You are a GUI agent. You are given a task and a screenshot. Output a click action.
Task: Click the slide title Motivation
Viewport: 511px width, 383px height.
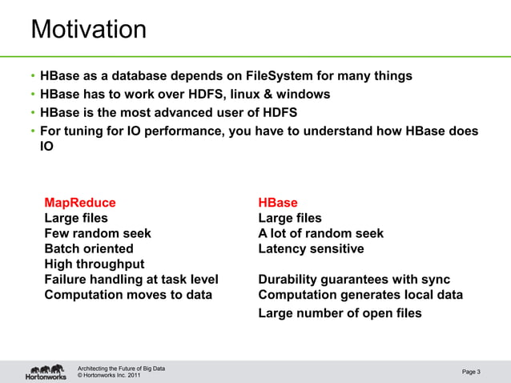(x=88, y=30)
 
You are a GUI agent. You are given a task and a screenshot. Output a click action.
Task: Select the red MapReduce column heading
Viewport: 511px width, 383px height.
(x=79, y=203)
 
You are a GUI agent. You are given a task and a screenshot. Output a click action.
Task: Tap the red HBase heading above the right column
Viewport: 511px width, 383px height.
(x=277, y=203)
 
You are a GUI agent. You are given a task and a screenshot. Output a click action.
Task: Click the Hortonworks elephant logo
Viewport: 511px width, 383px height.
(x=45, y=372)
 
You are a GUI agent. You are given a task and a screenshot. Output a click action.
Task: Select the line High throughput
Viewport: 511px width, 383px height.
(x=95, y=264)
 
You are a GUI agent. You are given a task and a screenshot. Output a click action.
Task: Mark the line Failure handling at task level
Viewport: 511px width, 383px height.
(x=131, y=280)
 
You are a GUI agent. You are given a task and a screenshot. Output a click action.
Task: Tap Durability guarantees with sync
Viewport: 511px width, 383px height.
(x=354, y=280)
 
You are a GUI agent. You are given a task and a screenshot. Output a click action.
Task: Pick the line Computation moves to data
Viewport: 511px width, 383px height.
(x=128, y=295)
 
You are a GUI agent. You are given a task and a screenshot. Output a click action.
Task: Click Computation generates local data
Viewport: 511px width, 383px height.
(x=360, y=295)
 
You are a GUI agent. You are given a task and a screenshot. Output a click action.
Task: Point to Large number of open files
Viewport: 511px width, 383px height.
(x=340, y=313)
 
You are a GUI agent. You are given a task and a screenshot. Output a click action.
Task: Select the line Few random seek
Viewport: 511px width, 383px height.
(x=98, y=233)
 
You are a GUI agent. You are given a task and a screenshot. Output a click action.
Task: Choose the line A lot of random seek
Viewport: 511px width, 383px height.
(x=320, y=233)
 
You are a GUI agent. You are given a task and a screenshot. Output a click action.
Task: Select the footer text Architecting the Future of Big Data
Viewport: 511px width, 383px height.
(x=121, y=368)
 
